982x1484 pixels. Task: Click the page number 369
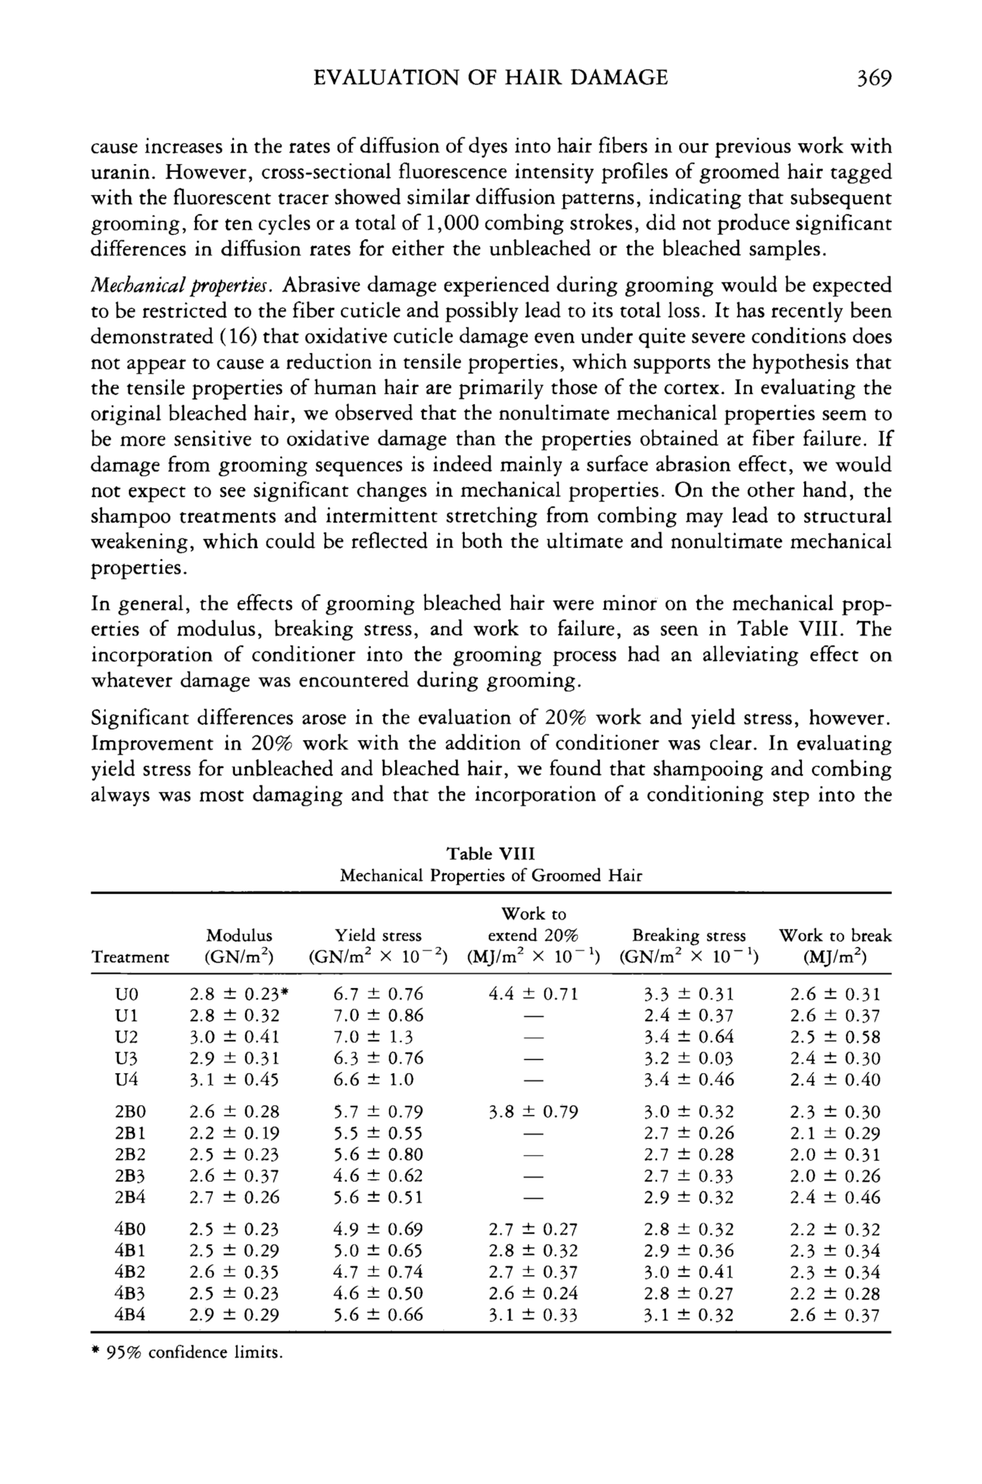coord(873,78)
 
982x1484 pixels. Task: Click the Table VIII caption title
coord(490,854)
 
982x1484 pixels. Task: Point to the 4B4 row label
coord(130,1315)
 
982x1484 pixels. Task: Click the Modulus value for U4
coord(234,1079)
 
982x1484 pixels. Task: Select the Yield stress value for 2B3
coord(378,1176)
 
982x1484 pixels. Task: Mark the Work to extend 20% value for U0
coord(533,994)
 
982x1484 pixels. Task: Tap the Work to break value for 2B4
coord(835,1197)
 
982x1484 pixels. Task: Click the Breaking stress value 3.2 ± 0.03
coord(688,1058)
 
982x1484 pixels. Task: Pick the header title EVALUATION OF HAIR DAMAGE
coord(490,77)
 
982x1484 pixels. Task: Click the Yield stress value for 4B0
coord(378,1230)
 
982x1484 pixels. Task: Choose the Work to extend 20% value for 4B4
coord(533,1315)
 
